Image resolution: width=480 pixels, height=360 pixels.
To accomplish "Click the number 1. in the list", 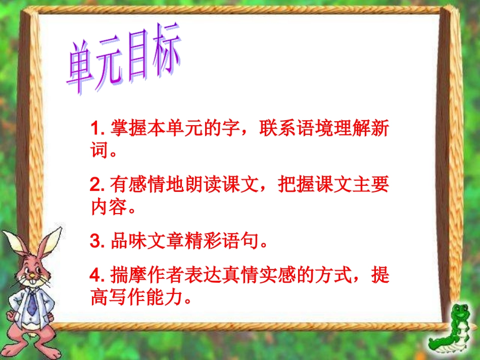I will [x=97, y=129].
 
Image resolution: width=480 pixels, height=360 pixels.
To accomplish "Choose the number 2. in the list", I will [x=97, y=185].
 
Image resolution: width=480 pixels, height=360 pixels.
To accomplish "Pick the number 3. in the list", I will [x=97, y=242].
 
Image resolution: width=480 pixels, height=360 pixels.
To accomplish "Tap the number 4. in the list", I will [x=97, y=276].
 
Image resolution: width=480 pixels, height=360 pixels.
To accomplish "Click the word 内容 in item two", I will [x=108, y=207].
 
